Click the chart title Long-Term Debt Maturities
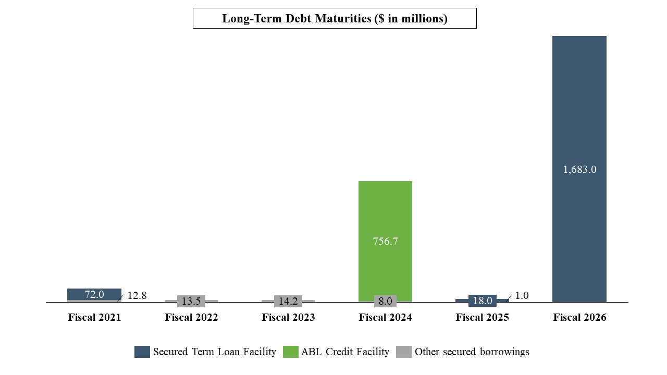tap(335, 18)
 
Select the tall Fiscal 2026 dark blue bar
tap(579, 104)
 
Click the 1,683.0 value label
tap(579, 169)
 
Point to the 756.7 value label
tap(385, 241)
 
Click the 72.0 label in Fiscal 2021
tap(94, 294)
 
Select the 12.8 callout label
tap(137, 295)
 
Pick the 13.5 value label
tap(191, 301)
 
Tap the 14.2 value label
tap(288, 301)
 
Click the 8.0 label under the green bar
tap(385, 301)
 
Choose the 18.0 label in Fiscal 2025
tap(482, 301)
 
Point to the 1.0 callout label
tap(522, 295)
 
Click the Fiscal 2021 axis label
tap(94, 317)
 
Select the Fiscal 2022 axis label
tap(191, 317)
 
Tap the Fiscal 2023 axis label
tap(288, 317)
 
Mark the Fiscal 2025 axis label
tap(482, 317)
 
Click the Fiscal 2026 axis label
tap(579, 317)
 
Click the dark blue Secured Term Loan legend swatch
tap(142, 352)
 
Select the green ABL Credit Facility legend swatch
tap(290, 352)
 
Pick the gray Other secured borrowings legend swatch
tap(404, 352)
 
